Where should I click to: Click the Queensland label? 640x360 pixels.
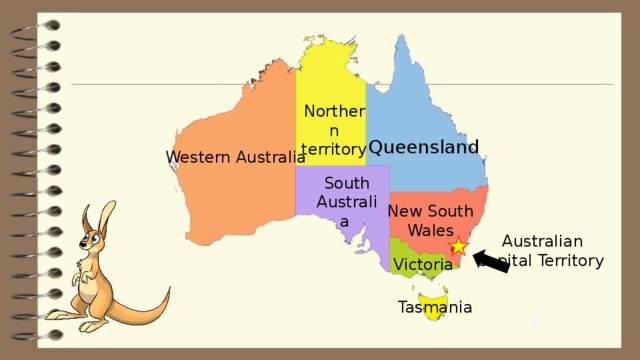tap(424, 147)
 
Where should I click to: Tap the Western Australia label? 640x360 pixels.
tap(235, 157)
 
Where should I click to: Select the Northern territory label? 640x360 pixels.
tap(334, 130)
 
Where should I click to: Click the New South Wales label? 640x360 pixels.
tap(430, 220)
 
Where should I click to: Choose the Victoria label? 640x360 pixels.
tap(422, 264)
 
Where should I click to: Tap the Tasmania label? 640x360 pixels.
tap(434, 307)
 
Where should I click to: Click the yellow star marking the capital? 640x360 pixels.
tap(459, 247)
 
